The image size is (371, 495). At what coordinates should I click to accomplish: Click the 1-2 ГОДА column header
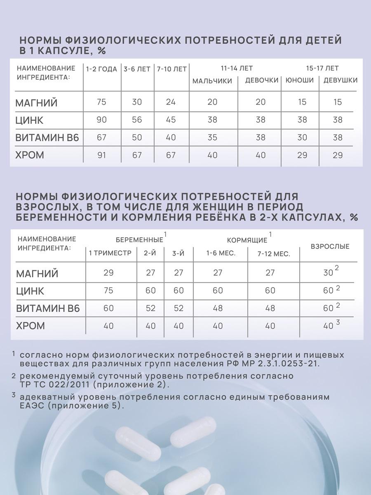(102, 69)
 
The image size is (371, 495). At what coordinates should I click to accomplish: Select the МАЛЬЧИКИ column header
(212, 81)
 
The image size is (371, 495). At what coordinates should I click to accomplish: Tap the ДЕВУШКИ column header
(340, 80)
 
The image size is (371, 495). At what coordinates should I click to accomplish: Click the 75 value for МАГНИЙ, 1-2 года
(101, 102)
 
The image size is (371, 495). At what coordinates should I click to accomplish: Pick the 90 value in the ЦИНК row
(101, 120)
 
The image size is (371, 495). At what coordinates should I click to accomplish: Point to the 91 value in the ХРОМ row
(101, 156)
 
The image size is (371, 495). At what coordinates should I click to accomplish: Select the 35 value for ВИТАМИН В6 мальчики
(212, 138)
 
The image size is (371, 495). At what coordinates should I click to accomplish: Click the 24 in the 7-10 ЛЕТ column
(171, 102)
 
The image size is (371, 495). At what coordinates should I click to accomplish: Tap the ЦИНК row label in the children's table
(29, 120)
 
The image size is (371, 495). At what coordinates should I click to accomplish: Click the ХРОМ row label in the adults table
(31, 326)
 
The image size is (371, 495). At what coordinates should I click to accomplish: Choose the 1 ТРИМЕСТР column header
(110, 253)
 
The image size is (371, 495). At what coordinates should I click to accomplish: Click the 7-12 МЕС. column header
(274, 254)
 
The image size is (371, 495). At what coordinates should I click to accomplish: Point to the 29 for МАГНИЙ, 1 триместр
(108, 273)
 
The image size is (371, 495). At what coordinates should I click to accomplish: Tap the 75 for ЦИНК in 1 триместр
(108, 291)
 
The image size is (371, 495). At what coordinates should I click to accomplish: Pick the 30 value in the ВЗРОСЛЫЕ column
(328, 273)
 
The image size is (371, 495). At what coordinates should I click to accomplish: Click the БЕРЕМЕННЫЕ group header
(139, 240)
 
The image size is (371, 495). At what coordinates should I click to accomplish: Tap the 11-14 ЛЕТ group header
(237, 68)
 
